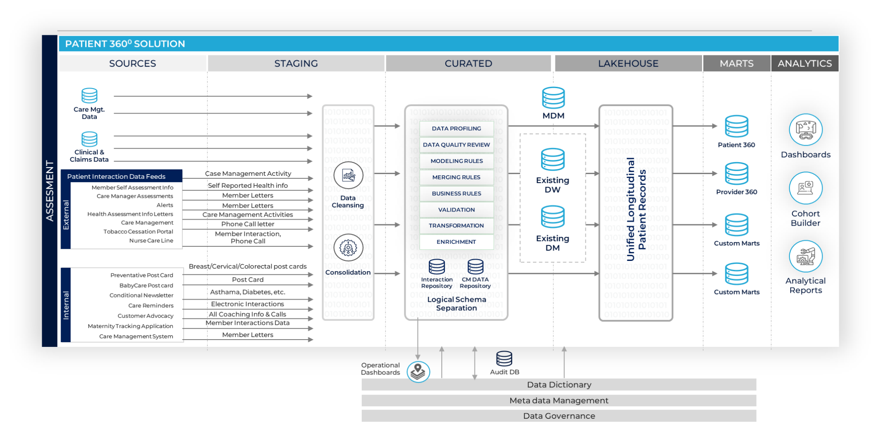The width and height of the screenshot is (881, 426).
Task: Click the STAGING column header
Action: [x=296, y=64]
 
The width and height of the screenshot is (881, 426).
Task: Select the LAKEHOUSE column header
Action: [x=628, y=64]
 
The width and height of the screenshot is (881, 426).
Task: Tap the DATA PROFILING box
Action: [x=456, y=129]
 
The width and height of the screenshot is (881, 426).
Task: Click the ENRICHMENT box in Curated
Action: [x=456, y=242]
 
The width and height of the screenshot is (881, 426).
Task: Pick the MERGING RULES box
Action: [x=456, y=177]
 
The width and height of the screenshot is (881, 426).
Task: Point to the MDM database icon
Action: [x=553, y=98]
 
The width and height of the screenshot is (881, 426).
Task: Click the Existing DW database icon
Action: [x=553, y=159]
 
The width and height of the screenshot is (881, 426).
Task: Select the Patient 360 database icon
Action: [x=736, y=126]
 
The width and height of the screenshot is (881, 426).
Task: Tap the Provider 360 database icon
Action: [x=736, y=173]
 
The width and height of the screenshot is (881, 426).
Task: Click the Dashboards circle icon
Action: [x=806, y=130]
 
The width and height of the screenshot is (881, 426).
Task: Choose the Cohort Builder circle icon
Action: [x=806, y=188]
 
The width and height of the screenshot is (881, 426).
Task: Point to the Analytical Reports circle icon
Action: [x=806, y=257]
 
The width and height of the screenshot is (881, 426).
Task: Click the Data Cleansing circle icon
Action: [x=348, y=175]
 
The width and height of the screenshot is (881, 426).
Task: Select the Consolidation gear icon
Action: [x=348, y=248]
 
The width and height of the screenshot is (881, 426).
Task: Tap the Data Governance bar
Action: [x=559, y=416]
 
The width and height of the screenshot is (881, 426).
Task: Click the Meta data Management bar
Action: [x=559, y=401]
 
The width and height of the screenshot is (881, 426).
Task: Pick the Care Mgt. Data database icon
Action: [x=89, y=95]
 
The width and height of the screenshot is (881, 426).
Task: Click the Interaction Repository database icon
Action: [x=437, y=267]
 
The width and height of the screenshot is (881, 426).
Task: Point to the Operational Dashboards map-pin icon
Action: [x=418, y=372]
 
